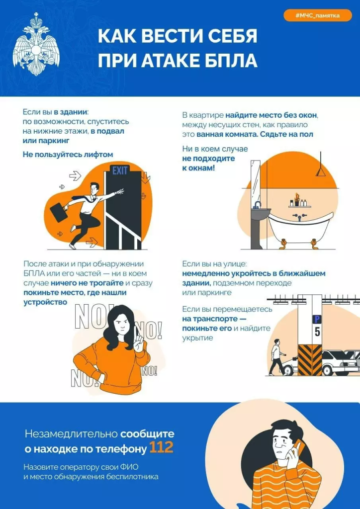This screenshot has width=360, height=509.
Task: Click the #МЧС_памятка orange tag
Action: [x=318, y=15]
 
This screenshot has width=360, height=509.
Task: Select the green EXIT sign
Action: [x=120, y=171]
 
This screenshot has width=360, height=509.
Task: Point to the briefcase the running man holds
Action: [x=59, y=212]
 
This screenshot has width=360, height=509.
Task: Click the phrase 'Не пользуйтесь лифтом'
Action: [x=68, y=155]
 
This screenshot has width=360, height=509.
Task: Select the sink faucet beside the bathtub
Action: [x=257, y=204]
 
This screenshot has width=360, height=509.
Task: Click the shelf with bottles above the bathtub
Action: [x=300, y=206]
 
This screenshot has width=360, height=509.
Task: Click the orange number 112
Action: [x=161, y=448]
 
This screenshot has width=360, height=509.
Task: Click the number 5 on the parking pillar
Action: [x=317, y=332]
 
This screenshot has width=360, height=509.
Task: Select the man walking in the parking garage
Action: [x=276, y=356]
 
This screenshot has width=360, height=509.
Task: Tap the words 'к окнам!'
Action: [x=198, y=168]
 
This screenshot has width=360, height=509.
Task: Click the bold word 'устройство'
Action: [x=45, y=302]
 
